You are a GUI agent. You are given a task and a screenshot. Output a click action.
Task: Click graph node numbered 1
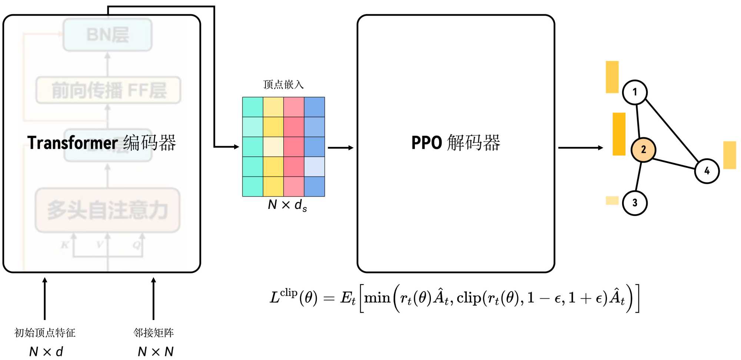pos(635,92)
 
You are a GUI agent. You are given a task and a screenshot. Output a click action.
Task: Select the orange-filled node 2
pos(644,150)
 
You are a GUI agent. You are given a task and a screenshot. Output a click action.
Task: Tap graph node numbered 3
pos(635,203)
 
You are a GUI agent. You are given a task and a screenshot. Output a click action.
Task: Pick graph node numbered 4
pos(707,171)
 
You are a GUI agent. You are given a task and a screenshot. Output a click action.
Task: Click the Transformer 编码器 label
pos(102,143)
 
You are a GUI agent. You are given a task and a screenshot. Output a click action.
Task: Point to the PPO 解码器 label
pos(456,143)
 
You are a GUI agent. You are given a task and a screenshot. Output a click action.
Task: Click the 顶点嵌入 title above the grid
pos(283,85)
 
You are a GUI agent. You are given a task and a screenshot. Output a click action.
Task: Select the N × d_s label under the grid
pos(287,205)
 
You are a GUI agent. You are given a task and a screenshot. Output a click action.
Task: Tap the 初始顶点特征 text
pos(45,333)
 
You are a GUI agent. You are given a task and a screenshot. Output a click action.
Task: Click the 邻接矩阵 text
pos(153,333)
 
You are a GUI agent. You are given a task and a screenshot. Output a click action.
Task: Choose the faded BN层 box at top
pos(107,35)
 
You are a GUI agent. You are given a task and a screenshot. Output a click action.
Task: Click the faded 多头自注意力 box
pos(107,210)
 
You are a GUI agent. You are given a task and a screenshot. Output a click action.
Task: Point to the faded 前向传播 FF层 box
pos(108,90)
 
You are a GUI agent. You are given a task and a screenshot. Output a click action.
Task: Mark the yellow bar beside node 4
pos(730,155)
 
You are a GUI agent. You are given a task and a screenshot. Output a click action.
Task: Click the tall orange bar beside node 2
pos(619,134)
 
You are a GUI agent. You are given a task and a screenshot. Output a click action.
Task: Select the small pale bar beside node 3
pos(612,200)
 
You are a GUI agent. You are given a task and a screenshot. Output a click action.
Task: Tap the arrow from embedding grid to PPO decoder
pos(340,148)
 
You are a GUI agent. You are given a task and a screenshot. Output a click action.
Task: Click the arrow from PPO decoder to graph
pos(580,148)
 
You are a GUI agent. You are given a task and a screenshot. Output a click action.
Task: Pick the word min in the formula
pos(377,298)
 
